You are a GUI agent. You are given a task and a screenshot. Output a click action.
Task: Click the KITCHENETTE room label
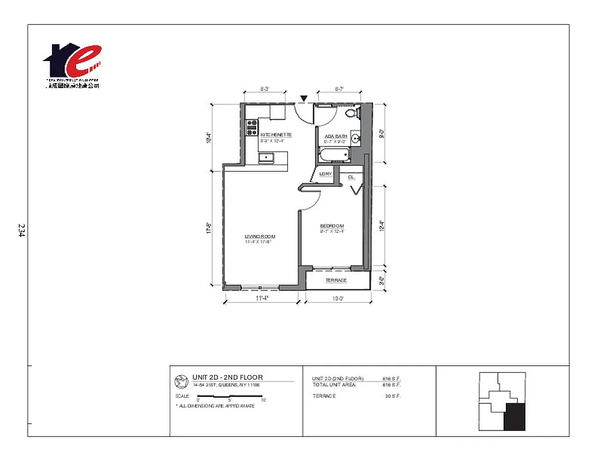(276, 135)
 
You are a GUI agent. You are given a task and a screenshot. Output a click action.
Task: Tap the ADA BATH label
(335, 136)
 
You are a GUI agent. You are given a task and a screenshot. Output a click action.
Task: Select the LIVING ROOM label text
(260, 237)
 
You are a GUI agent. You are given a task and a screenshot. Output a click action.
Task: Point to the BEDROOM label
(332, 225)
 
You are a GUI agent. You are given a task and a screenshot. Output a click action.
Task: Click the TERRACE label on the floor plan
(336, 281)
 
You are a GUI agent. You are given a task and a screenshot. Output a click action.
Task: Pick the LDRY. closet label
(325, 173)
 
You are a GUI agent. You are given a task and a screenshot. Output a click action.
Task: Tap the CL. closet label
(351, 177)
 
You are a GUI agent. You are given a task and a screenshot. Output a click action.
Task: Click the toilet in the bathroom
(351, 114)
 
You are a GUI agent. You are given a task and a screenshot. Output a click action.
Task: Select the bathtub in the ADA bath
(334, 154)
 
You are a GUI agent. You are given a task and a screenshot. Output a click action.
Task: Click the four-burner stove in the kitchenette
(251, 127)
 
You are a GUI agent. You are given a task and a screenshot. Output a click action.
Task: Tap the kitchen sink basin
(267, 157)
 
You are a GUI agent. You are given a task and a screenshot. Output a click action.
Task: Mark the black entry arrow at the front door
(304, 99)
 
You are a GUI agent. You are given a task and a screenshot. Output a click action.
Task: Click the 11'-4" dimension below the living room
(262, 298)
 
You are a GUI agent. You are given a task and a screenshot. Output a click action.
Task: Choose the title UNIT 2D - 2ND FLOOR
(227, 377)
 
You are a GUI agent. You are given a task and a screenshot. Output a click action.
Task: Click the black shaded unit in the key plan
(515, 417)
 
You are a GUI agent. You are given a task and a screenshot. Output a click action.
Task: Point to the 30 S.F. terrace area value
(392, 396)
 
